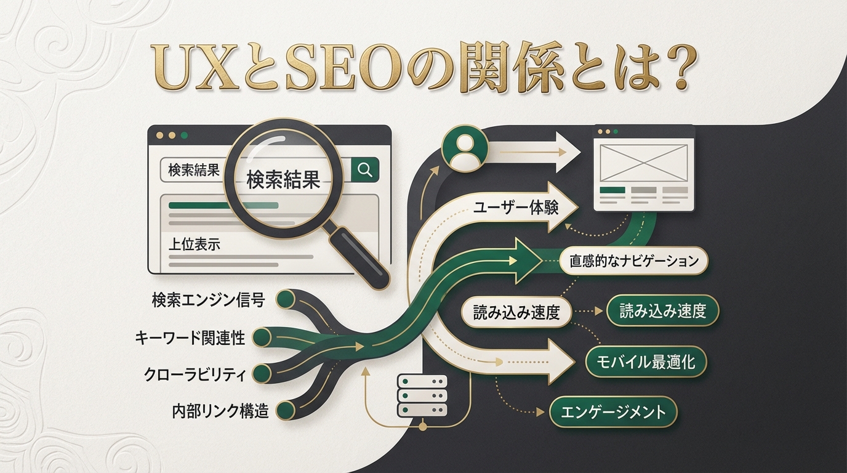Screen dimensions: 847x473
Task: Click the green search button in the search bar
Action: click(x=365, y=170)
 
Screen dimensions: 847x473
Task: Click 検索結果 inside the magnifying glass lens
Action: click(x=283, y=180)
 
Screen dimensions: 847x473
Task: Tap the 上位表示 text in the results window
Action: click(x=194, y=244)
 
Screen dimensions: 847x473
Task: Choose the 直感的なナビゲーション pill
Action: click(x=635, y=261)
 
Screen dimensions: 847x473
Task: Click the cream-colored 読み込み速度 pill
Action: click(x=516, y=312)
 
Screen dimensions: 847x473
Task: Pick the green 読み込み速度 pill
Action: click(x=662, y=311)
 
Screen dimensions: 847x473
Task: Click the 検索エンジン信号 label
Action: click(x=208, y=301)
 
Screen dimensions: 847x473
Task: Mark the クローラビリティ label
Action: click(x=195, y=374)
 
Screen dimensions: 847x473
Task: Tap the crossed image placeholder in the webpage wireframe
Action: click(x=643, y=162)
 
